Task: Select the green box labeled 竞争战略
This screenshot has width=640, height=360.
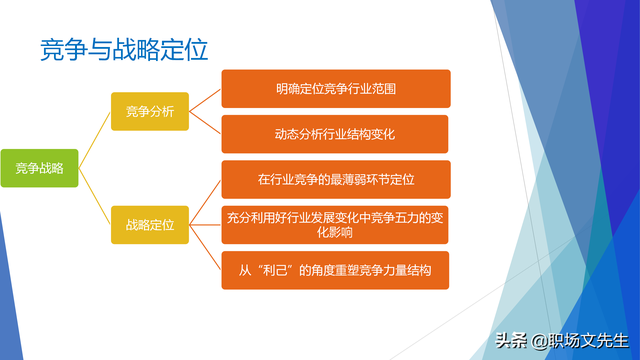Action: pos(39,168)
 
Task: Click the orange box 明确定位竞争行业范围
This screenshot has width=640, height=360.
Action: pos(335,89)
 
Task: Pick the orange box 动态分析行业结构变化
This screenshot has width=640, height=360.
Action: pos(335,134)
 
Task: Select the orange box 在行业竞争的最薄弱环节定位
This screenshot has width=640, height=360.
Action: pos(335,180)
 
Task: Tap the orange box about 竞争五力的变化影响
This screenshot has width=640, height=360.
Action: pos(335,225)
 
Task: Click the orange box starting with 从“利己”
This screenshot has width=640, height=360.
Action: pos(335,271)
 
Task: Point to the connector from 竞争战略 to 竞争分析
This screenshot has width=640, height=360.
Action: pos(95,139)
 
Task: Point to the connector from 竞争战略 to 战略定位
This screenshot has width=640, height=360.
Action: pos(95,197)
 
